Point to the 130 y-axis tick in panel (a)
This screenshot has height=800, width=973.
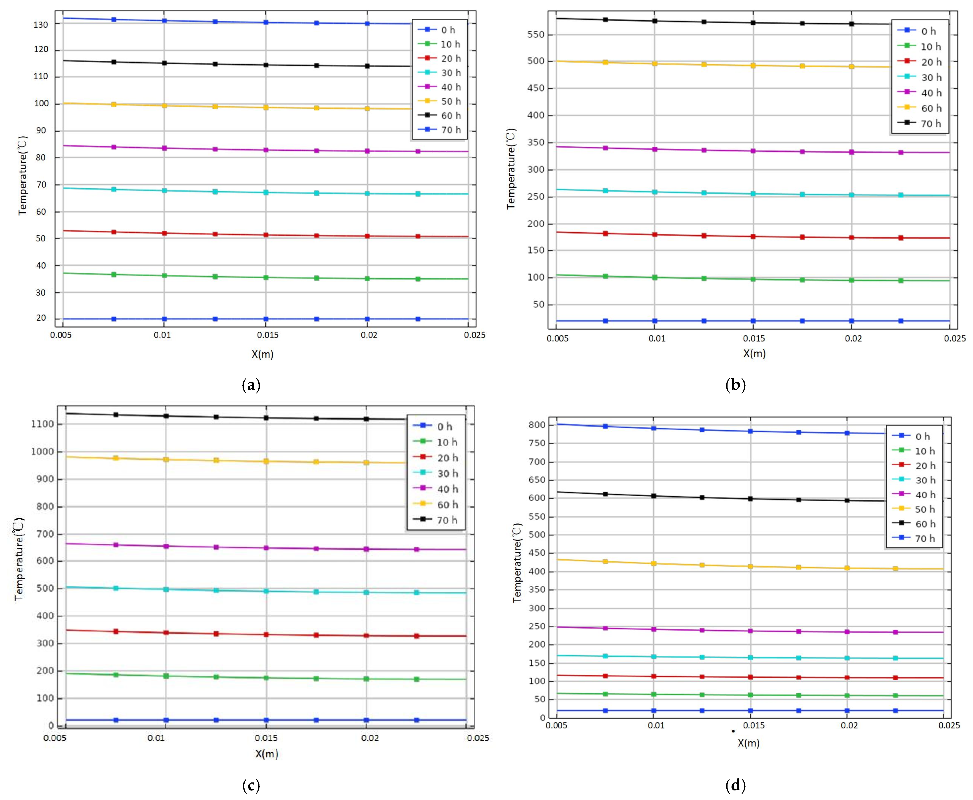click(40, 24)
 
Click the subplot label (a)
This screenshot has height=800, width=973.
click(251, 385)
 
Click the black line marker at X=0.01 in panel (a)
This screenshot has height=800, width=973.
click(164, 63)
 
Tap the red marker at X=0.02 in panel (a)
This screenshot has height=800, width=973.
click(367, 236)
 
